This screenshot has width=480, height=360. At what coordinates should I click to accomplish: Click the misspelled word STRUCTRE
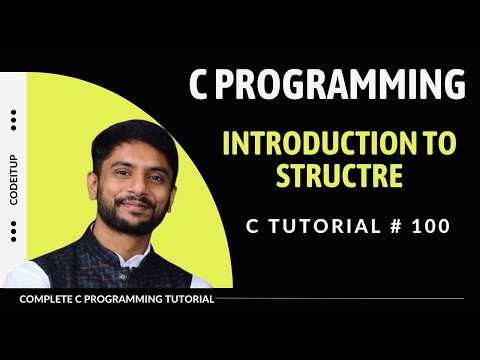click(340, 177)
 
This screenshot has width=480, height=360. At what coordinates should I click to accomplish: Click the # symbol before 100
click(392, 227)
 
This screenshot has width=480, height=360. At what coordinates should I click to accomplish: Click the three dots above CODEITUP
click(13, 121)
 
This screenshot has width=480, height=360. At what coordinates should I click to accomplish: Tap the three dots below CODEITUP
click(13, 232)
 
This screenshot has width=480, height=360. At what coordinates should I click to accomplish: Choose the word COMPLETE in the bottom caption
click(46, 299)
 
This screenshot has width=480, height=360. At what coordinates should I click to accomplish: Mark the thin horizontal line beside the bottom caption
click(340, 299)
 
